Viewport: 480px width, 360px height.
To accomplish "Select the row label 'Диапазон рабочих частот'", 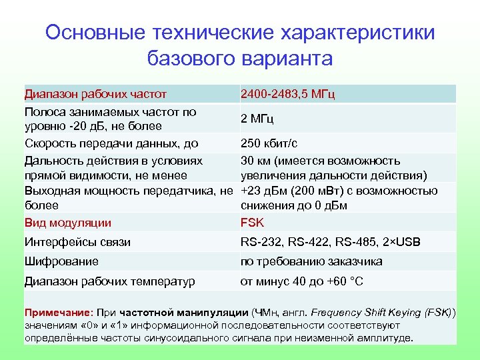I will (x=95, y=94).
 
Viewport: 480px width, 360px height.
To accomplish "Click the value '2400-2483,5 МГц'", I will (x=287, y=94).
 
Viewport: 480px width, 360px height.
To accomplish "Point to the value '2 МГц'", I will (x=257, y=119).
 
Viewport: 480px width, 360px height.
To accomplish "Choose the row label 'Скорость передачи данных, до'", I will (x=111, y=143).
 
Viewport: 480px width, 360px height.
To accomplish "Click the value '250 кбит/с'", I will (x=269, y=143).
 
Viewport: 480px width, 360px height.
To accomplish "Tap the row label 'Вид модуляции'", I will (x=68, y=223).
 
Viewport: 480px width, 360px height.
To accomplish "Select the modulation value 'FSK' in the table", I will (x=253, y=223).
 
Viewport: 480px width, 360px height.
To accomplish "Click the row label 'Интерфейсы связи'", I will (x=77, y=242).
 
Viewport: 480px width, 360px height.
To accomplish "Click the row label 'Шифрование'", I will (x=61, y=261).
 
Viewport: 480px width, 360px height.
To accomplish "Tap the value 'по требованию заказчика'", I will (x=311, y=261).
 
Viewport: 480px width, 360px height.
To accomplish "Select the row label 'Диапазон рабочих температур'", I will (x=110, y=281).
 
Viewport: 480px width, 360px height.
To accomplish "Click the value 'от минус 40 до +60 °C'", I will (x=302, y=281).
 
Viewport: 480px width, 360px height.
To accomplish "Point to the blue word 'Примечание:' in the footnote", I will (x=59, y=312).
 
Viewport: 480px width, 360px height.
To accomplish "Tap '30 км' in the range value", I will (x=254, y=161).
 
